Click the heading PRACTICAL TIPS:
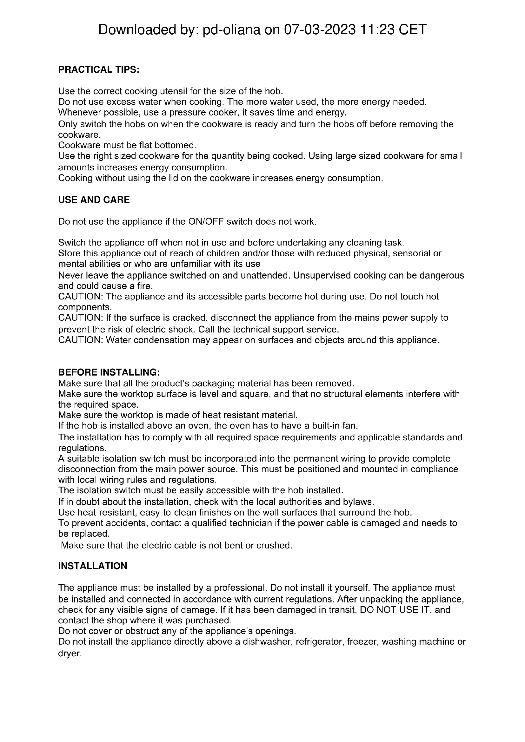(x=99, y=69)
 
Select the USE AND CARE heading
(x=94, y=200)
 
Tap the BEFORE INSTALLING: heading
(x=109, y=372)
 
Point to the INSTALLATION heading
(x=92, y=566)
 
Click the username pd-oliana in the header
(x=231, y=30)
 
